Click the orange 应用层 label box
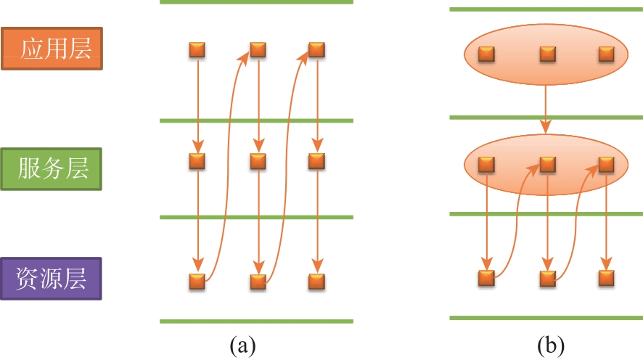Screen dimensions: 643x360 click(52, 49)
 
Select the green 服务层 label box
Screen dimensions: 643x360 click(52, 169)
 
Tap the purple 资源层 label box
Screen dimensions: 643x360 click(51, 279)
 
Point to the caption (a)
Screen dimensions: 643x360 click(243, 345)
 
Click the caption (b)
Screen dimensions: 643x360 click(551, 345)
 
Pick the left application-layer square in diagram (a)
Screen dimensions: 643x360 click(197, 50)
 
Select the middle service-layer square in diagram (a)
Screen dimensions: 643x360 click(258, 161)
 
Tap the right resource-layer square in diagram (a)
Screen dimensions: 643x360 click(316, 282)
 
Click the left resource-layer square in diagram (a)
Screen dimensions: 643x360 click(197, 282)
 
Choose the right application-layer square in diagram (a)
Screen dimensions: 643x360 click(316, 50)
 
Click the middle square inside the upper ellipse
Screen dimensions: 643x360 click(548, 54)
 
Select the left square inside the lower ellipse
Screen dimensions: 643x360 click(487, 165)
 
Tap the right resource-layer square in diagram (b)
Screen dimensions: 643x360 click(607, 278)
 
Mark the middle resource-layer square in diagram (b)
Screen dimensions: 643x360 click(548, 278)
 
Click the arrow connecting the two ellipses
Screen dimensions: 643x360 click(546, 109)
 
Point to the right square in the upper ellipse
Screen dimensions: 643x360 click(607, 54)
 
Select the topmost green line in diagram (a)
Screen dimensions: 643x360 click(256, 2)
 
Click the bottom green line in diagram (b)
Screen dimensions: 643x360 click(546, 318)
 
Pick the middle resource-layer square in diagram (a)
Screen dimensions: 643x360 click(258, 282)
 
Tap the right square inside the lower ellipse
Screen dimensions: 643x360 click(607, 165)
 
